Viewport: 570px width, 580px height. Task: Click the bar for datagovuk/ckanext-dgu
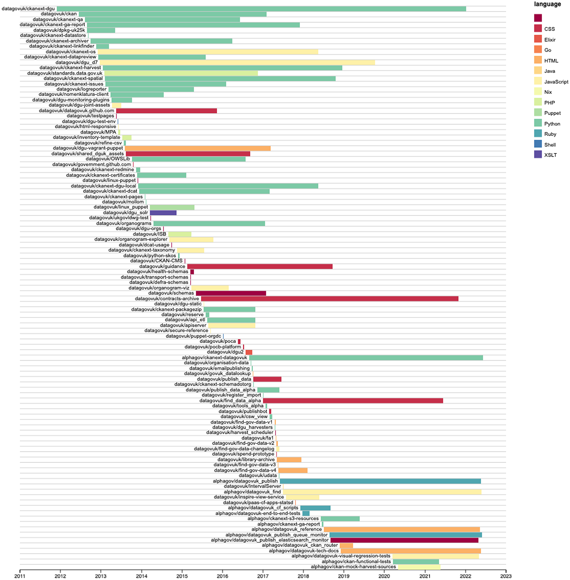261,9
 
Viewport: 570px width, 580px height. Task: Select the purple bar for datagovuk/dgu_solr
163,213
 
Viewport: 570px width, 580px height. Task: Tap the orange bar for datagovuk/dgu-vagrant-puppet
198,148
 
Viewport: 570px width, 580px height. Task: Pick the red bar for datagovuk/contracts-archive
329,299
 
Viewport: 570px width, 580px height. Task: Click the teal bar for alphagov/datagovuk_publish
380,481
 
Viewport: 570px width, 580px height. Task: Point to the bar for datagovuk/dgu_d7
237,62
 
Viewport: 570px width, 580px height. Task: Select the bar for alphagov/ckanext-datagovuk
366,358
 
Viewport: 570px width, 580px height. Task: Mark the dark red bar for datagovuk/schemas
231,293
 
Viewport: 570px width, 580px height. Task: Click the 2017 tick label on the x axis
263,576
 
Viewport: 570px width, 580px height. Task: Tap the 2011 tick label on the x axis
20,576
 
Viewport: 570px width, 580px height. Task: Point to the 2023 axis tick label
506,576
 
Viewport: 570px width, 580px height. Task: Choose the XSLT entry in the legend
550,155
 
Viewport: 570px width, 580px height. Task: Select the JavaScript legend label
556,82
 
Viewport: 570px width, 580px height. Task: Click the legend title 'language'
547,4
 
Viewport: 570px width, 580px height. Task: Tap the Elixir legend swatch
538,39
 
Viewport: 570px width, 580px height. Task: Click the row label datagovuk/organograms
124,223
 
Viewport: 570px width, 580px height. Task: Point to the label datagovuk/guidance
162,266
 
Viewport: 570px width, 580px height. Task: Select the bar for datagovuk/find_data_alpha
353,401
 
